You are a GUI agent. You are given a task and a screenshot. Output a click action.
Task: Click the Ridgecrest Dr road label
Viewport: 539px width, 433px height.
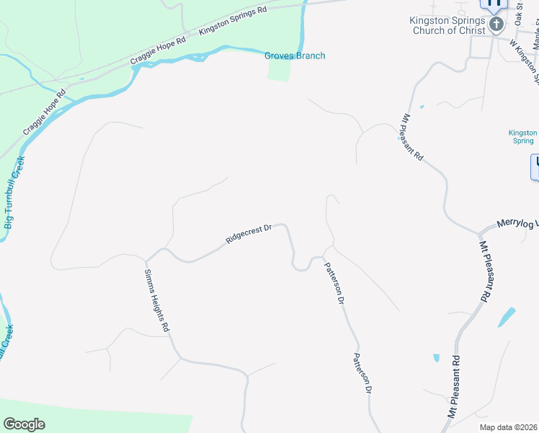[x=248, y=235]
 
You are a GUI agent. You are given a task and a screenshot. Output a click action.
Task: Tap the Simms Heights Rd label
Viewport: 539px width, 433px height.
[x=156, y=300]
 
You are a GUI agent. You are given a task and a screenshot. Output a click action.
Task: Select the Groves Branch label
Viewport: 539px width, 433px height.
[x=295, y=56]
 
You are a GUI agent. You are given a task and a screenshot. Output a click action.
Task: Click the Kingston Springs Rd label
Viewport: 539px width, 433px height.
[x=233, y=20]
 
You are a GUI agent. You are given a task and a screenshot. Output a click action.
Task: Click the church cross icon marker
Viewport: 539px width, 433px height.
[x=496, y=25]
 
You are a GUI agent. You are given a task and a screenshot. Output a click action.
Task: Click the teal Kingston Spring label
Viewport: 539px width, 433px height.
[x=523, y=136]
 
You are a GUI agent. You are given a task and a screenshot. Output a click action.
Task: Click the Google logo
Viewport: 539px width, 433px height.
[x=24, y=424]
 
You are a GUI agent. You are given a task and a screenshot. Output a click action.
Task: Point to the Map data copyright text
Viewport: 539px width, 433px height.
[x=508, y=427]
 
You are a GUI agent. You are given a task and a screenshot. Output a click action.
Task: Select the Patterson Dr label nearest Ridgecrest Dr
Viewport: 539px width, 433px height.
[x=333, y=282]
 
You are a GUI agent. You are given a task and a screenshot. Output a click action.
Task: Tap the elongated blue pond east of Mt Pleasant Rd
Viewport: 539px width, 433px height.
[x=507, y=317]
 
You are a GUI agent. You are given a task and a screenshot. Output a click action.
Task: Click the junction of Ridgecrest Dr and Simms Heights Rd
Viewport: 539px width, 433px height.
[x=146, y=261]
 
